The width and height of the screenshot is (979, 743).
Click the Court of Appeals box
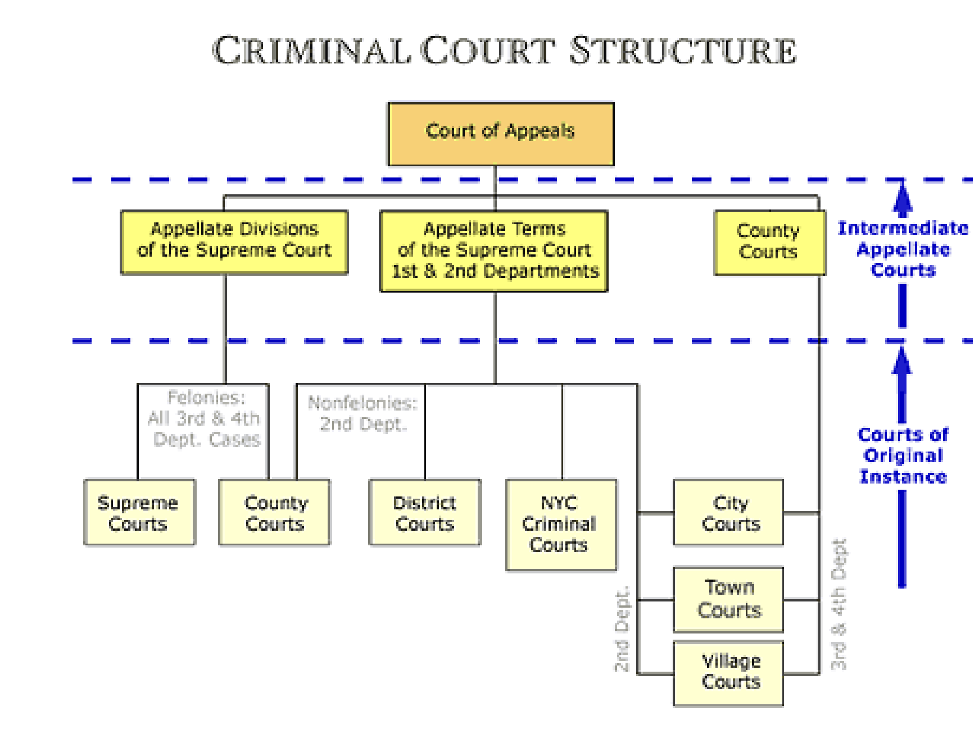pyautogui.click(x=501, y=134)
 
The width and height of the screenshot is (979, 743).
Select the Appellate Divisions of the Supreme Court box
pyautogui.click(x=234, y=242)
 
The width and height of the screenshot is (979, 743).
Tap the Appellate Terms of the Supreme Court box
pyautogui.click(x=494, y=251)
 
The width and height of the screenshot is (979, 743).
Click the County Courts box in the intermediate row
pyautogui.click(x=769, y=243)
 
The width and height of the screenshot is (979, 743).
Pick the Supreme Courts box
pyautogui.click(x=139, y=512)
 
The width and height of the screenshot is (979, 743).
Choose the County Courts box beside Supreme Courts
pyautogui.click(x=274, y=512)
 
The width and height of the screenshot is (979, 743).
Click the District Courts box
pyautogui.click(x=425, y=512)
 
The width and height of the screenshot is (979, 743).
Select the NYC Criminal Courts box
pyautogui.click(x=561, y=525)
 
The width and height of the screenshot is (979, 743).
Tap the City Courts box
pyautogui.click(x=728, y=512)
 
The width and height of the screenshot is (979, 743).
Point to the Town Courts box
pyautogui.click(x=728, y=599)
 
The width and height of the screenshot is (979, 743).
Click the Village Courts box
pyautogui.click(x=728, y=673)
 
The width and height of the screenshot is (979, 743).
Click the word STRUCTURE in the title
pyautogui.click(x=683, y=51)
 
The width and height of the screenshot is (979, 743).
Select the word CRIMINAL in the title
pyautogui.click(x=311, y=51)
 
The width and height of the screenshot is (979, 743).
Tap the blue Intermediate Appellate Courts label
pyautogui.click(x=903, y=249)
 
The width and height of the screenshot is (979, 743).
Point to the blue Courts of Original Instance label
pyautogui.click(x=903, y=455)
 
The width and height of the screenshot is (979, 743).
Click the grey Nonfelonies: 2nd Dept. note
pyautogui.click(x=362, y=413)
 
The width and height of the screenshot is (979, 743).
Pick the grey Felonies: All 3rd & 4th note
pyautogui.click(x=205, y=418)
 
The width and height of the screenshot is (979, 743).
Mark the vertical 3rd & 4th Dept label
pyautogui.click(x=839, y=604)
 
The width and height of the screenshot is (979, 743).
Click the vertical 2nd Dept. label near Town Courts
pyautogui.click(x=622, y=629)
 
